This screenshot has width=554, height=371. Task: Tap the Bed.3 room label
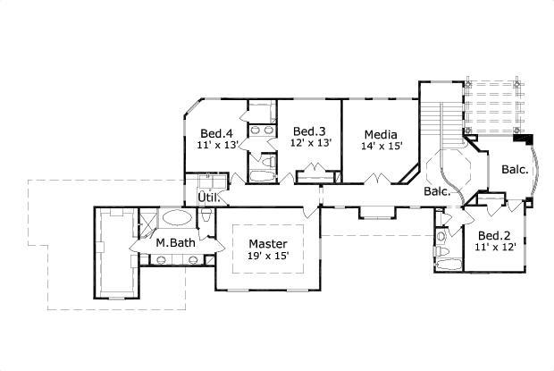[x=310, y=131]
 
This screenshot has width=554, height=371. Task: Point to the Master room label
[x=268, y=243]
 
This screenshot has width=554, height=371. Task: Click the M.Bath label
[x=176, y=243]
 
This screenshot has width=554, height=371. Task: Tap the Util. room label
[x=208, y=197]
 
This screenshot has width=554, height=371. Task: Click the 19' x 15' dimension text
[x=268, y=257]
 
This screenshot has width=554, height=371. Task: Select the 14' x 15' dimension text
[x=382, y=145]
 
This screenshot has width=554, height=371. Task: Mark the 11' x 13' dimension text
[x=217, y=143]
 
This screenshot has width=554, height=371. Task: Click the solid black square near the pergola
[x=529, y=139]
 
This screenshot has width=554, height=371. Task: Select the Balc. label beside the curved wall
[x=514, y=169]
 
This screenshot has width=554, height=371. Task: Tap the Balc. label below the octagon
[x=437, y=191]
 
